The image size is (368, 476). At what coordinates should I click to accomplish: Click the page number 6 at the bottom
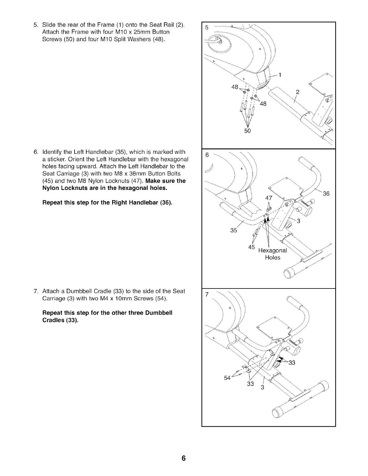click(x=184, y=458)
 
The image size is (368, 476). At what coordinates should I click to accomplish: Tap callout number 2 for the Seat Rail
click(x=298, y=92)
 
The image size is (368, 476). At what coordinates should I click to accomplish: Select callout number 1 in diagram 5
click(x=280, y=75)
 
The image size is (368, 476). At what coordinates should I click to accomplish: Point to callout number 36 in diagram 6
click(x=326, y=194)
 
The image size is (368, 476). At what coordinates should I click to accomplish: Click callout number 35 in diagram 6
click(x=234, y=230)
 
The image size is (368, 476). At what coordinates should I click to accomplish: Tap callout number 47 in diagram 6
click(x=268, y=198)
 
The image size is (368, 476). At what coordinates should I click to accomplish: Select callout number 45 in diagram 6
click(x=252, y=247)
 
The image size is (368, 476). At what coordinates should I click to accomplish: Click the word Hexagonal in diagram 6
click(x=273, y=251)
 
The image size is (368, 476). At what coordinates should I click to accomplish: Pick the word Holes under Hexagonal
click(x=273, y=258)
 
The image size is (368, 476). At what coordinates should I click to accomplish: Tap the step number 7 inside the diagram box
click(x=207, y=295)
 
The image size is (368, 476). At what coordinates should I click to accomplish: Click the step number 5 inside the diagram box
click(x=207, y=28)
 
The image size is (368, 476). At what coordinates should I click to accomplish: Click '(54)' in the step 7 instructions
click(x=161, y=298)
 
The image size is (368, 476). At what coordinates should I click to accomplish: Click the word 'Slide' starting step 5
click(x=48, y=24)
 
